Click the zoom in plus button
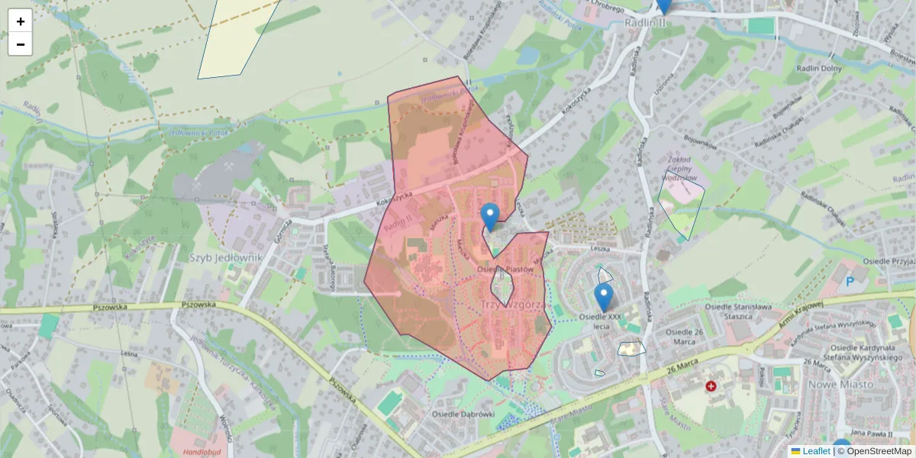21,21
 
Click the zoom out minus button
21,44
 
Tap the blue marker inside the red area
490,217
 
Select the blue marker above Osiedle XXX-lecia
604,297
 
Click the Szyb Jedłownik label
225,257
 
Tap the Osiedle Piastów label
504,269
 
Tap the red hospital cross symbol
711,387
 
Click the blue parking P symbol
850,282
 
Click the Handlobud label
202,451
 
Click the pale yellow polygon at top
237,38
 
